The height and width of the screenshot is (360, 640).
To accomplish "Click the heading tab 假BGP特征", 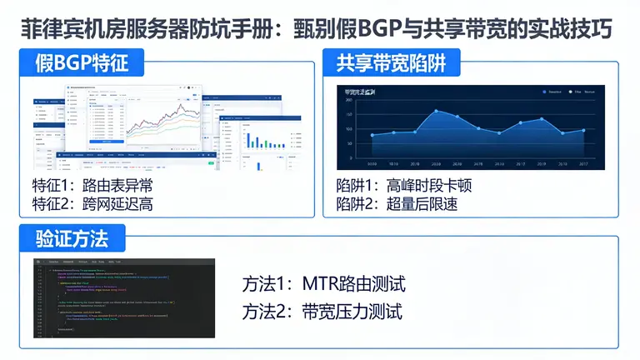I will point(79,62).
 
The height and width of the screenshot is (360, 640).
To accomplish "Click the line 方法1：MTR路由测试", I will point(324,285).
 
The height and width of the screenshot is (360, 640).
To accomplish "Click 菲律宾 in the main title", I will point(49,28).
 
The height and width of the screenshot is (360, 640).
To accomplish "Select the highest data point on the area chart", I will point(436,111).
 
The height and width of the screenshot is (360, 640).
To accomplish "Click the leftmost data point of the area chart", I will point(372,135).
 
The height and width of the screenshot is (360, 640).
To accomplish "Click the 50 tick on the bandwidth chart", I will point(350,144).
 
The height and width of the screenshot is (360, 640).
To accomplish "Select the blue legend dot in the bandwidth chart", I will point(544,91).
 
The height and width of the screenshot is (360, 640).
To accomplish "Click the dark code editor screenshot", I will point(124,297).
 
